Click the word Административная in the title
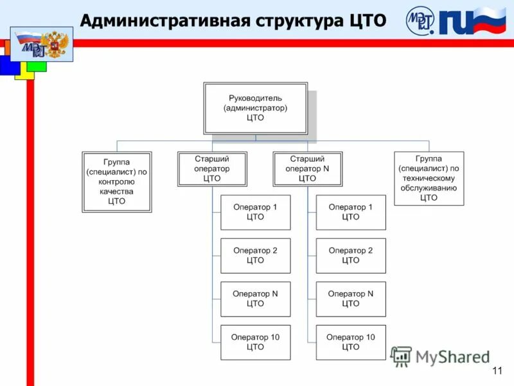click(x=163, y=21)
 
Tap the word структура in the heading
click(x=300, y=21)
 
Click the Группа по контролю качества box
click(x=117, y=182)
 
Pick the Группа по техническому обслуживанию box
click(x=429, y=178)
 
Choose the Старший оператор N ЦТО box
click(x=308, y=169)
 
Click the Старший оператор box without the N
click(x=212, y=169)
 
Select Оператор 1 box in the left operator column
click(x=255, y=212)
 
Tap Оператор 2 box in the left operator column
click(x=255, y=255)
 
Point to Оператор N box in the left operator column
click(x=255, y=299)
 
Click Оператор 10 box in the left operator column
click(x=255, y=342)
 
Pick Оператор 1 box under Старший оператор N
click(x=351, y=212)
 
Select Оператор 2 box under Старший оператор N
click(x=351, y=255)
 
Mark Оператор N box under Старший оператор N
click(x=351, y=299)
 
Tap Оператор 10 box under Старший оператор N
click(x=351, y=342)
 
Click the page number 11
click(x=497, y=371)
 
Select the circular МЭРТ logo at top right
click(x=421, y=21)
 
